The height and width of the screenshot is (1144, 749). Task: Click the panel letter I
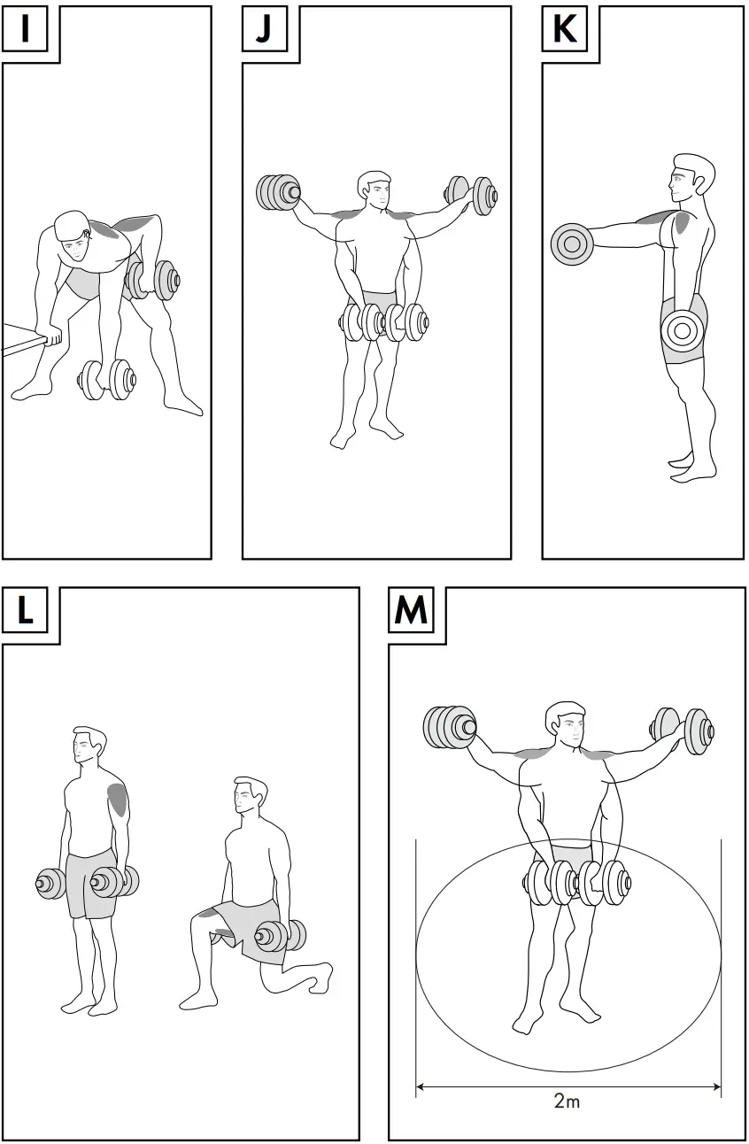click(x=25, y=28)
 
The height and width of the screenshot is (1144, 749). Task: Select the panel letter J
click(x=264, y=28)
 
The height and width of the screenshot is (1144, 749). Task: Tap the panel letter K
click(x=564, y=28)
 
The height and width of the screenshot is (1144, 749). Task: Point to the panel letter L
click(x=25, y=611)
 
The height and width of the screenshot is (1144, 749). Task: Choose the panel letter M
click(x=410, y=611)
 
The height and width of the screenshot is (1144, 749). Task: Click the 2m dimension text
click(x=567, y=1101)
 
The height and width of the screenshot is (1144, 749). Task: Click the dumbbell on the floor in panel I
click(x=106, y=380)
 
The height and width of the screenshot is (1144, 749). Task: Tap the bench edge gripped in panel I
click(x=25, y=337)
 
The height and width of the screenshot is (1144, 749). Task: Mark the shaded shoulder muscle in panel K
click(x=682, y=224)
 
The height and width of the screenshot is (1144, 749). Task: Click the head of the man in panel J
click(x=374, y=189)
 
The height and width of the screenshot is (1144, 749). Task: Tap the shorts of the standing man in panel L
click(x=91, y=884)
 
